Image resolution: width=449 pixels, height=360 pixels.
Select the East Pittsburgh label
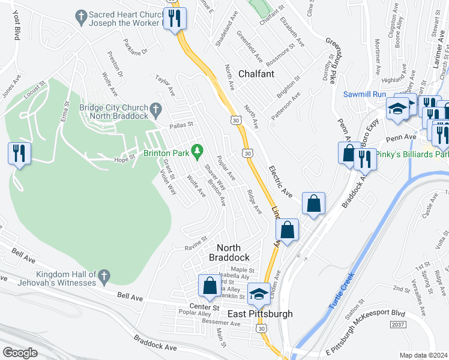click(260, 314)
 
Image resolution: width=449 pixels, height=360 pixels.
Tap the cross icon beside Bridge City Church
click(156, 109)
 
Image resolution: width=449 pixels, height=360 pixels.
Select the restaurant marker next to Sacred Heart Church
click(175, 18)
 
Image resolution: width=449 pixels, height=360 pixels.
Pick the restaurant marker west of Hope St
click(19, 154)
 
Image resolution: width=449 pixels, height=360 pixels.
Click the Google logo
click(20, 353)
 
